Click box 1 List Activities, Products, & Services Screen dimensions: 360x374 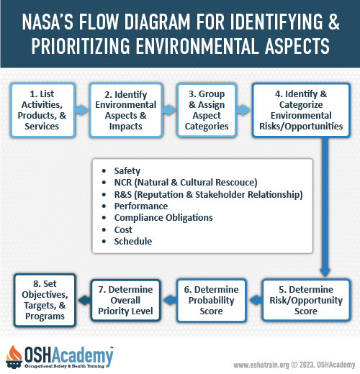[x=42, y=110]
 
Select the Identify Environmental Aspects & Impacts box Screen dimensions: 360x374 [x=126, y=110]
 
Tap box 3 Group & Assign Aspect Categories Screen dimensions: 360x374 [x=207, y=110]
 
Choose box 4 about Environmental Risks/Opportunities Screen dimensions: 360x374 [x=301, y=110]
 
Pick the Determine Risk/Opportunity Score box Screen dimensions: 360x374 [x=306, y=300]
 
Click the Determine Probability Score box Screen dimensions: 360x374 [x=211, y=300]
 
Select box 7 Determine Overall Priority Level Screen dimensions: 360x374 [x=125, y=300]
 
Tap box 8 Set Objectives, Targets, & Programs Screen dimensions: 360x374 [x=45, y=300]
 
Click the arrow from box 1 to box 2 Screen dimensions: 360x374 [x=81, y=110]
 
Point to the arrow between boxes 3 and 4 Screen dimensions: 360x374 [x=243, y=110]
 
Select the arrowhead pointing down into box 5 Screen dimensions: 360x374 [x=325, y=273]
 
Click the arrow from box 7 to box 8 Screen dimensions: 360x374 [x=84, y=300]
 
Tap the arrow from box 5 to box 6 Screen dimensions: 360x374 [x=256, y=300]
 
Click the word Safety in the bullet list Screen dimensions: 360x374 [x=127, y=171]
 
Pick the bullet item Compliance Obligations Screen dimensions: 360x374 [x=163, y=218]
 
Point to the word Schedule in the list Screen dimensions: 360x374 [x=133, y=241]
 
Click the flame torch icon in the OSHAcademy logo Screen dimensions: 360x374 [x=14, y=357]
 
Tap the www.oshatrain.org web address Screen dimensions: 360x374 [x=261, y=365]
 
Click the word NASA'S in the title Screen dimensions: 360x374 [x=48, y=22]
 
